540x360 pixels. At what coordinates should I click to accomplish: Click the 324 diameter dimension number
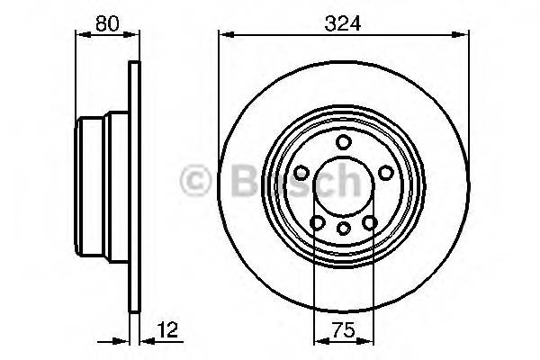343,24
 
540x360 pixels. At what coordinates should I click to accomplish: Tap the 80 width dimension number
107,24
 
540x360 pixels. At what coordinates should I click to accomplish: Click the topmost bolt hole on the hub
343,141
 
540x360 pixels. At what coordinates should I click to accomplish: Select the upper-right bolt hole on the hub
385,172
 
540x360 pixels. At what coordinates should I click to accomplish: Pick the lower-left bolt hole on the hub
317,222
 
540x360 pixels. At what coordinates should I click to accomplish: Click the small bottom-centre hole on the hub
343,229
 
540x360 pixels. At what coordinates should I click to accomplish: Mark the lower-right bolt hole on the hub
369,222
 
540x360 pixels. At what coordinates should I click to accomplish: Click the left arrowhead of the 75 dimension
317,341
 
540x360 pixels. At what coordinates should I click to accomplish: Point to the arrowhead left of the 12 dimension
125,341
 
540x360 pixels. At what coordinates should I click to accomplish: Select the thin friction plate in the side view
135,186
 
